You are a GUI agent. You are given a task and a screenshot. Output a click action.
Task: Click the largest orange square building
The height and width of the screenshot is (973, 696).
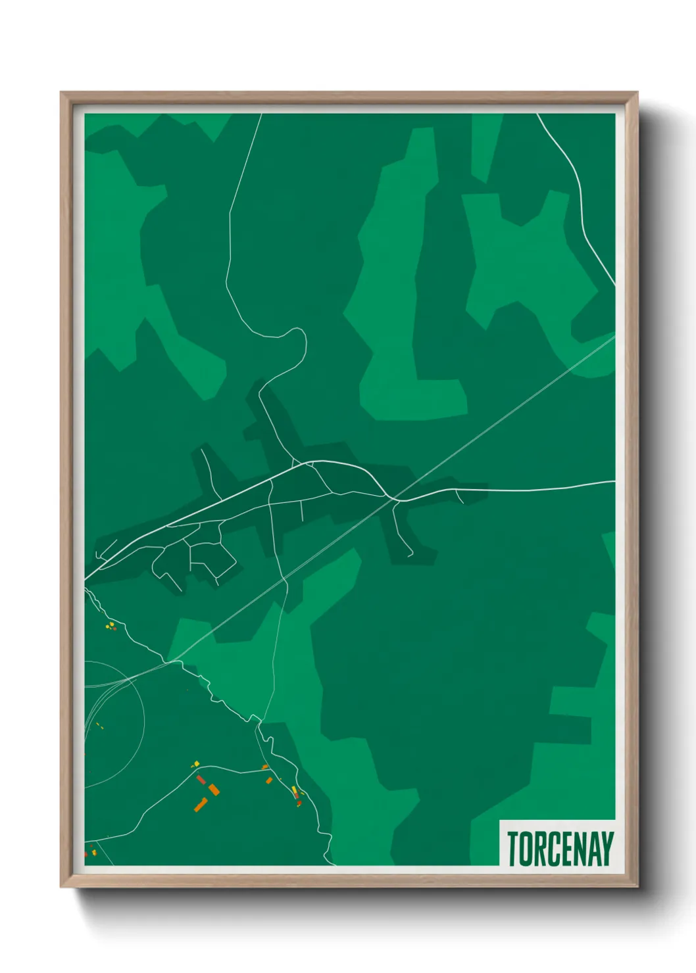[214, 790]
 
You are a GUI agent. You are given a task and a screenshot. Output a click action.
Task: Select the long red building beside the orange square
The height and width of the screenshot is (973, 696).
[201, 780]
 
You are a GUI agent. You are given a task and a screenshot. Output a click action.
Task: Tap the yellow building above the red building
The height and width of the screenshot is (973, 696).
[195, 764]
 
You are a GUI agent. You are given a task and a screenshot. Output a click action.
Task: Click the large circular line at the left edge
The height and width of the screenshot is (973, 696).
[142, 723]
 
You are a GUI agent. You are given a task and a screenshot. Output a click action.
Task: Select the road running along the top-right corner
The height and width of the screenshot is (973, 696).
[579, 191]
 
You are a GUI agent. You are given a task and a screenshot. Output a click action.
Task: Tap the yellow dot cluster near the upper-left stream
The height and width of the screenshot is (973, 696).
[111, 625]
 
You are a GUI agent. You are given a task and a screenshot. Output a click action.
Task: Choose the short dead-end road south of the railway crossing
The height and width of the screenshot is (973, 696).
[402, 533]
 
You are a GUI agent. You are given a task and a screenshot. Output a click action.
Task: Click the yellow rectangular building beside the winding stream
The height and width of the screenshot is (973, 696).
[294, 790]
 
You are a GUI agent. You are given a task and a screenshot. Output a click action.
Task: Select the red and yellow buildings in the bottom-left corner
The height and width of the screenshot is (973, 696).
[90, 853]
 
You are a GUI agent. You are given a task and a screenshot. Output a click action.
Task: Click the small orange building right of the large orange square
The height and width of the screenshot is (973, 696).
[269, 780]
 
